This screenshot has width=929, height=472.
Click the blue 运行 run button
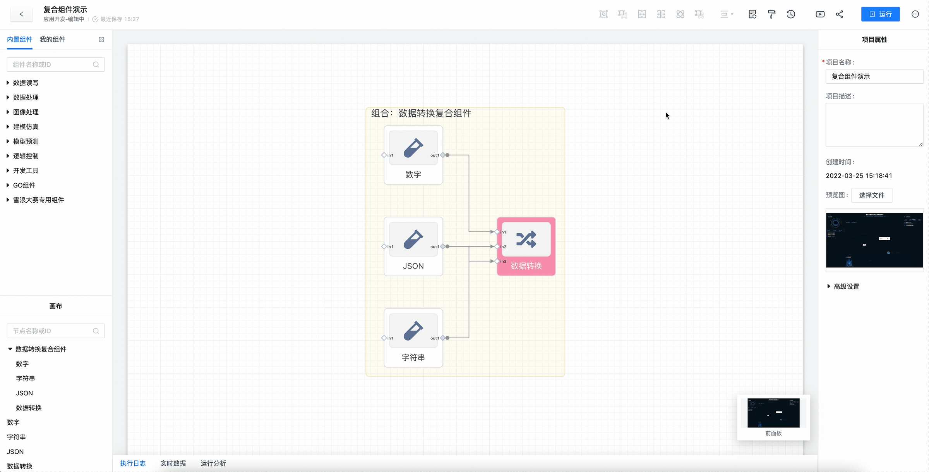point(880,14)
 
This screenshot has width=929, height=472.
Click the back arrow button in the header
point(21,14)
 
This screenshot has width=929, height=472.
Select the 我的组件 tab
point(52,40)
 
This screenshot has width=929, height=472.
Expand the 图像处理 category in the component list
point(26,112)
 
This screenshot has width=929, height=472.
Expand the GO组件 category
point(24,185)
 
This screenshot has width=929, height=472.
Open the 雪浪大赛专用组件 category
point(38,200)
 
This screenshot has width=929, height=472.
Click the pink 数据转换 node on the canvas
point(526,247)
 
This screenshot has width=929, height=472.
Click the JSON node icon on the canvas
point(413,239)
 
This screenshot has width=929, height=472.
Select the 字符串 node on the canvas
point(413,338)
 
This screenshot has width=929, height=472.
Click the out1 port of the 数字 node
point(443,155)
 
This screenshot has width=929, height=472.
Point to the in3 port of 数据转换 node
point(497,261)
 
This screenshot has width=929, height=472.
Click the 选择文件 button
point(871,195)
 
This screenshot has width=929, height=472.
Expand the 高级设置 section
point(846,286)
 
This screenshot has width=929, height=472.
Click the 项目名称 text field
point(874,76)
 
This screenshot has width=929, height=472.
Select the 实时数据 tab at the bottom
point(173,463)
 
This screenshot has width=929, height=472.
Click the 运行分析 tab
point(213,463)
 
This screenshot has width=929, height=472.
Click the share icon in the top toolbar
point(839,14)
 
